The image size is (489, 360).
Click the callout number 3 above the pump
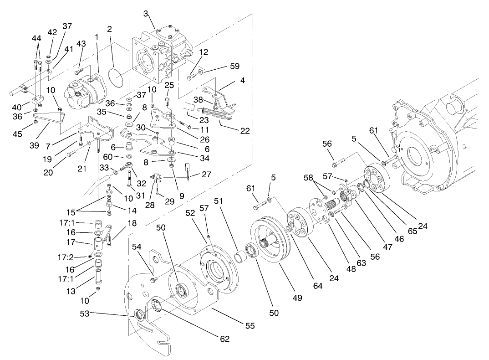pos(146,14)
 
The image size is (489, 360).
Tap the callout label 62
pos(224,339)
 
